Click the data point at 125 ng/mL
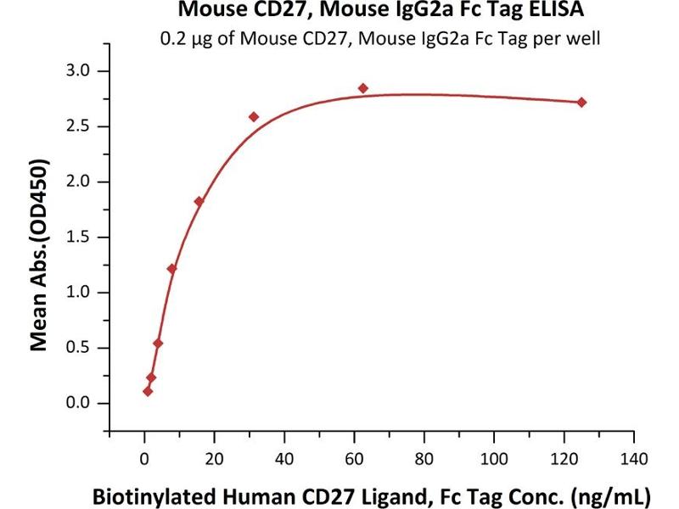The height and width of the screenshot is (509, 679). [x=581, y=102]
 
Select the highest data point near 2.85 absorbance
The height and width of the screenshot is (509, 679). [x=362, y=88]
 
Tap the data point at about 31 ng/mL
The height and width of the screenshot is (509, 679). [x=254, y=116]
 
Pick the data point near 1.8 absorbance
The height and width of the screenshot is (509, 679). [x=199, y=201]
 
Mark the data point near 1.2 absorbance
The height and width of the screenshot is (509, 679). [x=171, y=269]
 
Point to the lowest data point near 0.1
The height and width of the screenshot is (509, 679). [x=148, y=391]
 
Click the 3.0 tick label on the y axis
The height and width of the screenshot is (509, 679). [x=81, y=70]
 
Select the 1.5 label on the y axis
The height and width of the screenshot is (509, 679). [x=81, y=237]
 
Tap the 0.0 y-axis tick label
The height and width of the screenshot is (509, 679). [x=81, y=403]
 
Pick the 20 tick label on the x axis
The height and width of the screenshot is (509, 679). [x=214, y=459]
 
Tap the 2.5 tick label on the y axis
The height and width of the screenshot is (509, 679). [x=81, y=126]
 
